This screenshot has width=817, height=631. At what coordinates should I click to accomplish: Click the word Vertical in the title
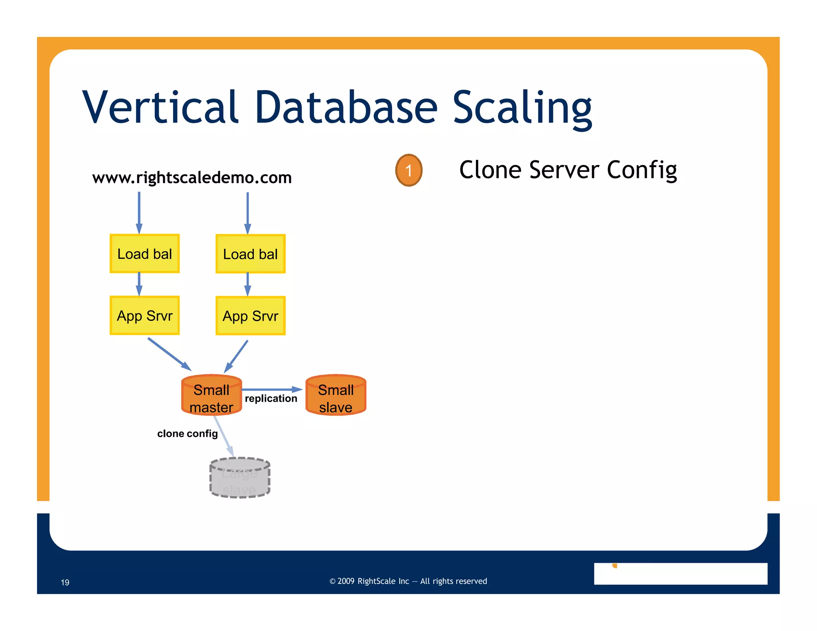160,107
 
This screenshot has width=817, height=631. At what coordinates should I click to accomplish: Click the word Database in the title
346,107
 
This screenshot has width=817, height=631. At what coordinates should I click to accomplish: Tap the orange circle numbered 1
408,170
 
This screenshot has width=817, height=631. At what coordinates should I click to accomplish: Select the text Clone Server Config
568,170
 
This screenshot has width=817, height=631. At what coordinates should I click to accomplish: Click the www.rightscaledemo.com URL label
192,177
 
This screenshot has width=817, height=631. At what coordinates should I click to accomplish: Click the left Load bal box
144,254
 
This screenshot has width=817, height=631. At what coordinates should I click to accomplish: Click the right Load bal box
250,254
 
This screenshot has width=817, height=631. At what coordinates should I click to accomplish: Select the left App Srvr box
144,315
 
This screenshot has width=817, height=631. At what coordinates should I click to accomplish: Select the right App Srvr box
250,316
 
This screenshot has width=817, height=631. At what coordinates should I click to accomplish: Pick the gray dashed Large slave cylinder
240,478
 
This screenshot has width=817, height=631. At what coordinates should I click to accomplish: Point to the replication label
271,398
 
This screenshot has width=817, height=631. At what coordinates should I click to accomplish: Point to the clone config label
187,434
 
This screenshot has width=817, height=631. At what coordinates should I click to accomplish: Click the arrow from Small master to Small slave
271,389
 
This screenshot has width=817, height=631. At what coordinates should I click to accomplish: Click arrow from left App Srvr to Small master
169,354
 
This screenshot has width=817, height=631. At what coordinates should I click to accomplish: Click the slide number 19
65,582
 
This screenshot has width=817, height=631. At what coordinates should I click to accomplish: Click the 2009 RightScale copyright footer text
408,581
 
